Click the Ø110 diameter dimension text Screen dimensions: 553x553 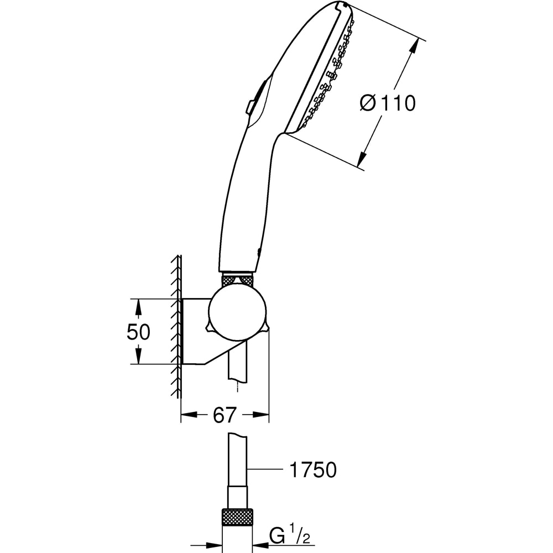387,103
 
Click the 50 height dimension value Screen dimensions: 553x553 138,332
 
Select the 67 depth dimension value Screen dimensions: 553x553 225,415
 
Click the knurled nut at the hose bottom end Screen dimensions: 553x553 237,518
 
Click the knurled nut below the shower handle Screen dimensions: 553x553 237,279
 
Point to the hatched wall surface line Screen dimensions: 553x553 178,326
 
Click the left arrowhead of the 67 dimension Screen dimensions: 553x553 188,414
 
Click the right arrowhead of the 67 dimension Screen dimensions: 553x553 262,414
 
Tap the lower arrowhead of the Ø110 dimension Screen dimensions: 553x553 362,160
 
